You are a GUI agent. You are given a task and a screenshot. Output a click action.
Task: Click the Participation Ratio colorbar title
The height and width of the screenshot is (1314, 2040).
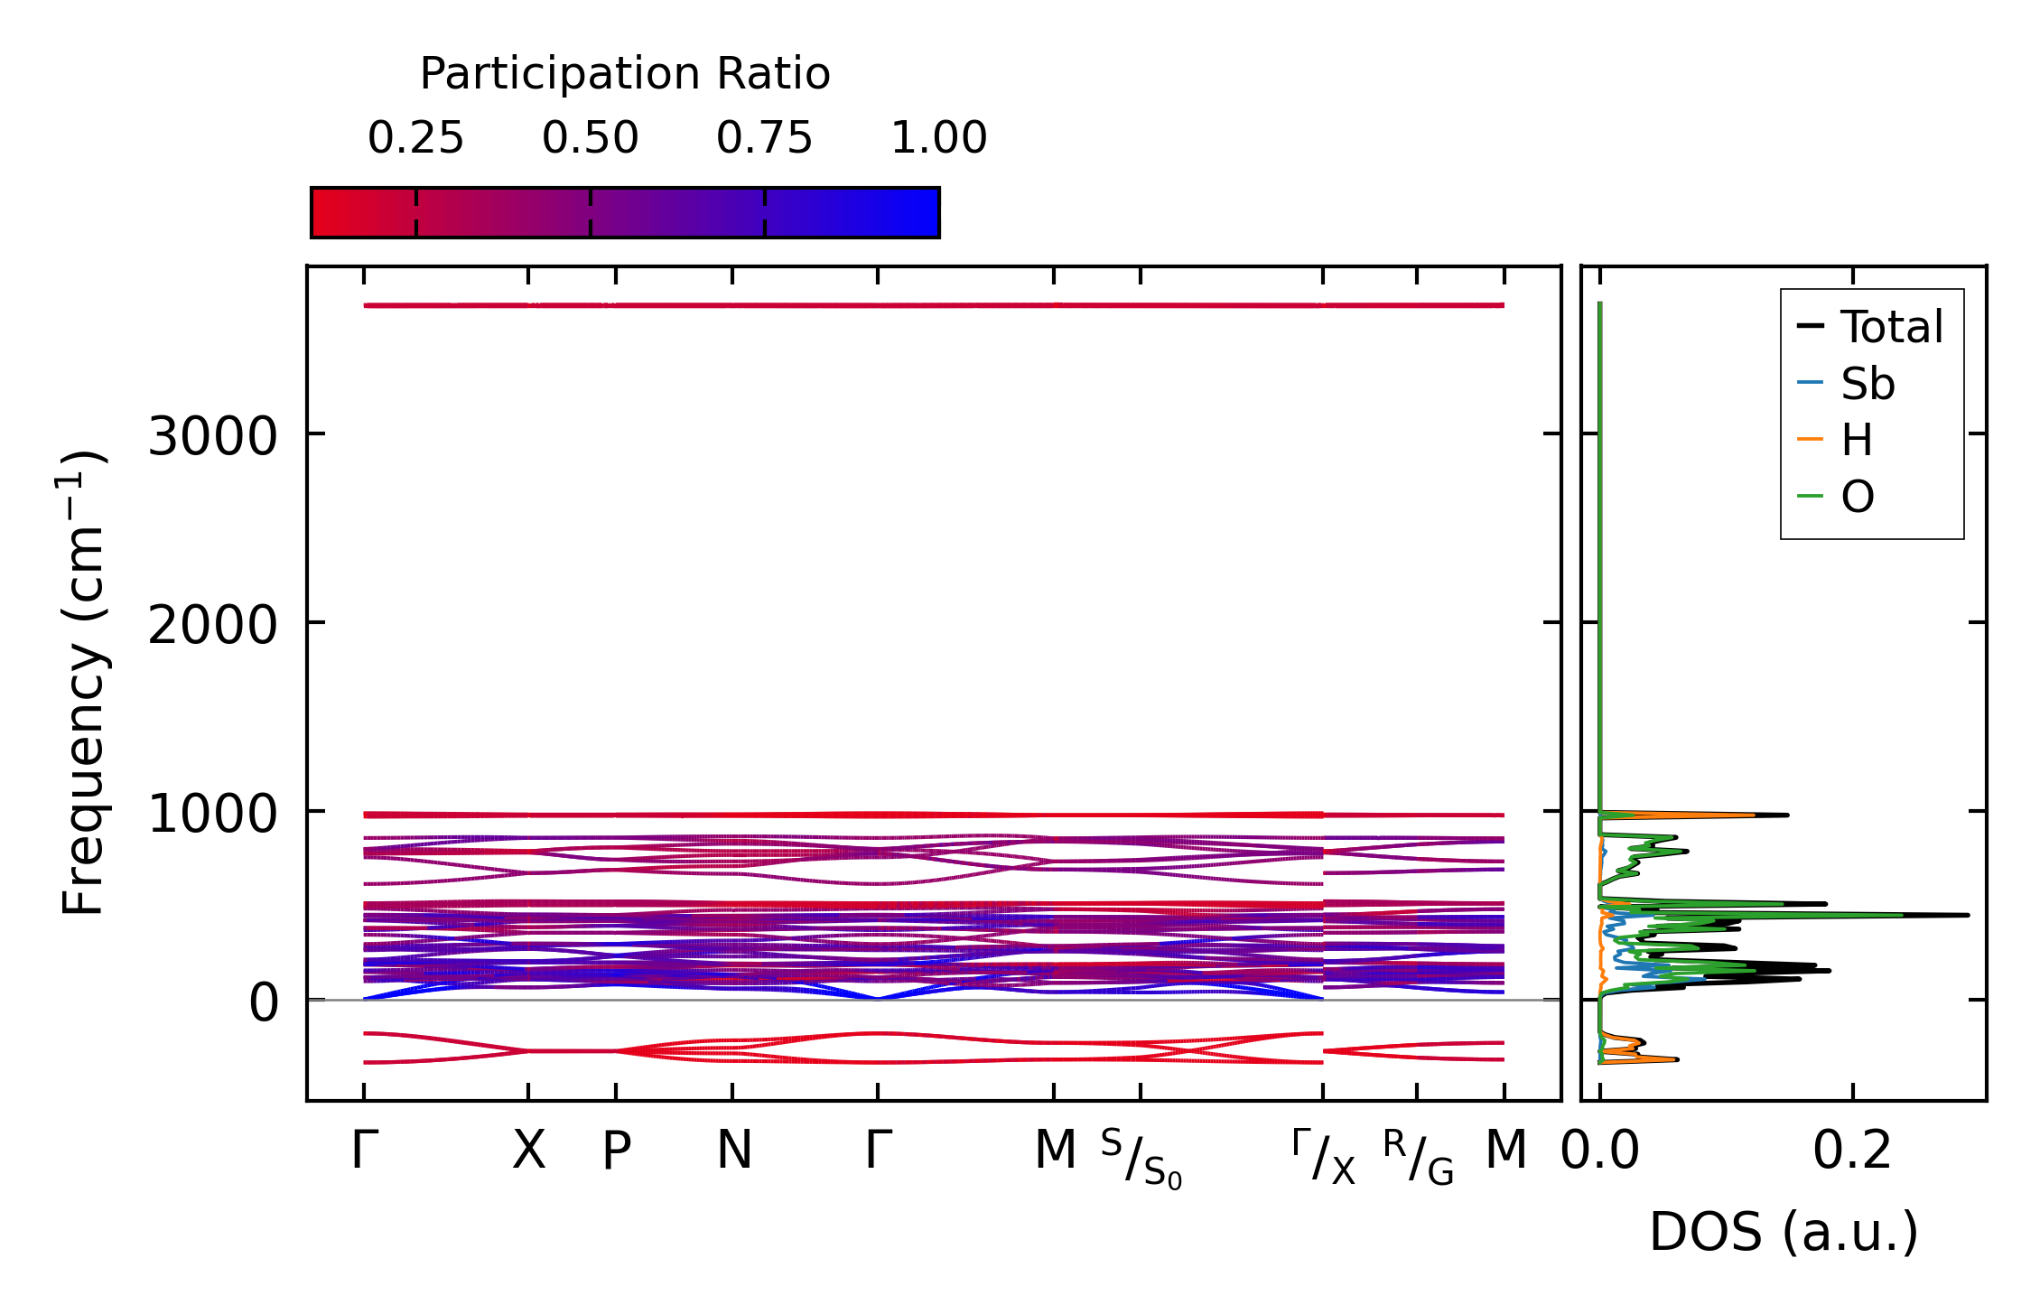[625, 74]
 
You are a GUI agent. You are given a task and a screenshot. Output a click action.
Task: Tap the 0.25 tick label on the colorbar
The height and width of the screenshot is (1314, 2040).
[415, 138]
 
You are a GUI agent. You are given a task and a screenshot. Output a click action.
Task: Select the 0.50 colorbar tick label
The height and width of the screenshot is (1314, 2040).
[590, 138]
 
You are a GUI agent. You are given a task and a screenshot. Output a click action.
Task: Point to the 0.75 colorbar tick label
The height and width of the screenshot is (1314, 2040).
[764, 138]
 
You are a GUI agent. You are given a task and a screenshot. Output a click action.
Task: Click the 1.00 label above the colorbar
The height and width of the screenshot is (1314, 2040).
[938, 138]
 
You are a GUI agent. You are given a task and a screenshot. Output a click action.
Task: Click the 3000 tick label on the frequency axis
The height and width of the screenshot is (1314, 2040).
[212, 437]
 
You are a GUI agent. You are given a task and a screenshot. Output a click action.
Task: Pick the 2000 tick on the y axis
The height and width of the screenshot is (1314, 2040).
[212, 625]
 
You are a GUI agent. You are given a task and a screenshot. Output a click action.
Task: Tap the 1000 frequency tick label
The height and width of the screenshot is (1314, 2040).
[212, 814]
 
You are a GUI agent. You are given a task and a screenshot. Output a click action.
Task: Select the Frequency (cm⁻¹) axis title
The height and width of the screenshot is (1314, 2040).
[83, 683]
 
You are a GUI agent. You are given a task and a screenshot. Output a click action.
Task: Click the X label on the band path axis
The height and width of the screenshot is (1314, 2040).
[529, 1151]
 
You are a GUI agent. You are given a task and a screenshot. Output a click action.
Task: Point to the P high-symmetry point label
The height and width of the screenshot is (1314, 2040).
[617, 1151]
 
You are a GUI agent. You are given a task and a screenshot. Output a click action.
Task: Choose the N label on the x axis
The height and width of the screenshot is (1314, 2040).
[734, 1151]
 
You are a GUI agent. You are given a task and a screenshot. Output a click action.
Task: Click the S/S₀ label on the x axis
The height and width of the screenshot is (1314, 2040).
[1141, 1158]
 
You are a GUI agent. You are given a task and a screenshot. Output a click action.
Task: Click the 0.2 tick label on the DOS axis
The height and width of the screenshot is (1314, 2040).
[1852, 1151]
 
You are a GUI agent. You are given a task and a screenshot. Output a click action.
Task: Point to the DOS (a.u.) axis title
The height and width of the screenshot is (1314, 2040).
[1784, 1232]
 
